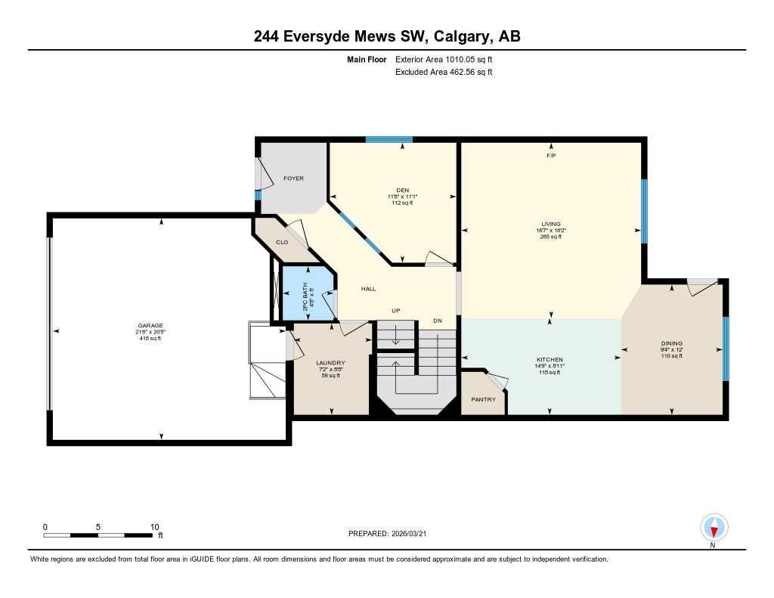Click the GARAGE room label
tap(149, 325)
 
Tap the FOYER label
tap(293, 178)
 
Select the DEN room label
tap(401, 191)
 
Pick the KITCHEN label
tap(550, 359)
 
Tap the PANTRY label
tap(483, 399)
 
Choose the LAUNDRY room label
tap(330, 363)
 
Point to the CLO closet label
tap(282, 242)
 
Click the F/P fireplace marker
tap(551, 156)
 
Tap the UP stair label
tap(395, 311)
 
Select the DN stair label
tap(437, 321)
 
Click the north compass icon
tap(714, 527)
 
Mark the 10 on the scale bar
tap(154, 527)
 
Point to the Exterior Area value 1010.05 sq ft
tap(469, 59)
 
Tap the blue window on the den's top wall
tap(389, 139)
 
